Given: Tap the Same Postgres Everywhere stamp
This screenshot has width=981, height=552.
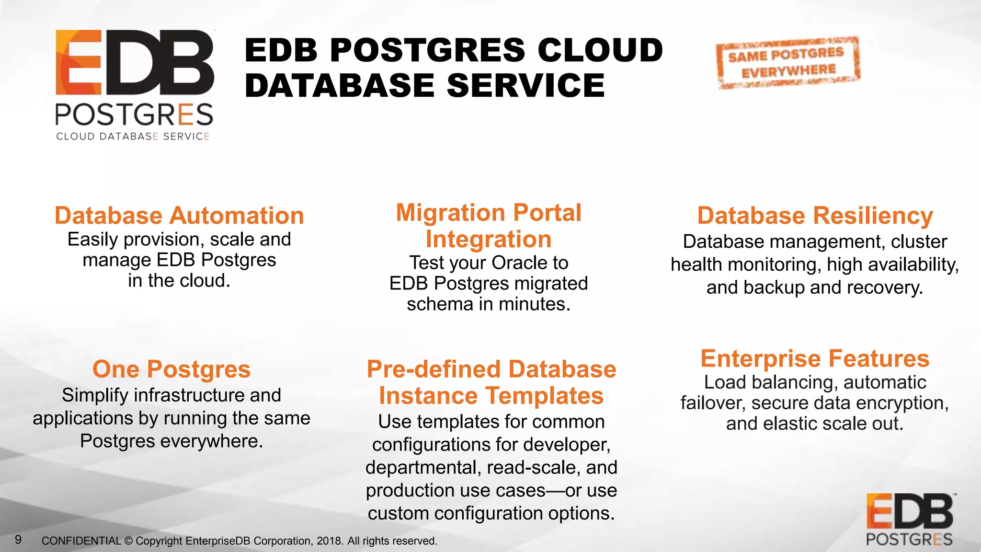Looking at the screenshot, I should pos(788,63).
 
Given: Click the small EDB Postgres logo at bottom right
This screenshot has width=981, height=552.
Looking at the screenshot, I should pos(909,520).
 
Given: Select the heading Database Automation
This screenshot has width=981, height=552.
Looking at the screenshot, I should pos(179,216).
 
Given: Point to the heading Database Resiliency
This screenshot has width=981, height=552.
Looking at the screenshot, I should pos(815,216).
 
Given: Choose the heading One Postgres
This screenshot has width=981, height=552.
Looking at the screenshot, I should pos(171,369).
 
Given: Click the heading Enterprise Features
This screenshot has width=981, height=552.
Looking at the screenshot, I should pos(815,358).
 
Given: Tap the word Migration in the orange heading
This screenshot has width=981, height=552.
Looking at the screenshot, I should pos(450,213).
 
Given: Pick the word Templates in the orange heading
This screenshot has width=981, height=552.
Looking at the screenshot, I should pos(545,396).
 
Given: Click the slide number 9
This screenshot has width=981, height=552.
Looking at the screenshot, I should pos(18,540).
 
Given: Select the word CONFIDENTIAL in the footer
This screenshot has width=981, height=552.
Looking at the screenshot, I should pos(81,541).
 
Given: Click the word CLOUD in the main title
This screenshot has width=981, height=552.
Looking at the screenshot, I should pos(600,50).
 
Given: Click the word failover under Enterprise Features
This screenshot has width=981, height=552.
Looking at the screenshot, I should pos(713,403).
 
